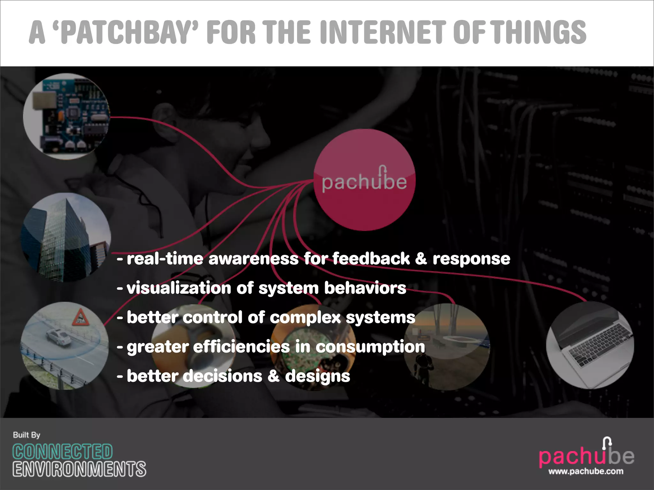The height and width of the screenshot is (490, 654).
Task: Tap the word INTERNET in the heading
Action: pos(383,33)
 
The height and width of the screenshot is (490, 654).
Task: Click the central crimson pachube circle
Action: pos(364,180)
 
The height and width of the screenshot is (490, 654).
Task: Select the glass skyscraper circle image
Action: pos(66,238)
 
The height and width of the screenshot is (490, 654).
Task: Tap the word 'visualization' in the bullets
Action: pos(179,288)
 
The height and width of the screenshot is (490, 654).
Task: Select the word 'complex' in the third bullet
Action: pos(305,317)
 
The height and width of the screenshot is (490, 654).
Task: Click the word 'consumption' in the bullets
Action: pos(370,347)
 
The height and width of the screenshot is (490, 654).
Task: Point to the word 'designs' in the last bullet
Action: pos(317,376)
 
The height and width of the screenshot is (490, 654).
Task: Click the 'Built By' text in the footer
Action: pos(27,435)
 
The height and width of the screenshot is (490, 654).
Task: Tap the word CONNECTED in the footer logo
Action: pos(63,452)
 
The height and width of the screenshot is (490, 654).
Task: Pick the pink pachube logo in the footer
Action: pos(586,456)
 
